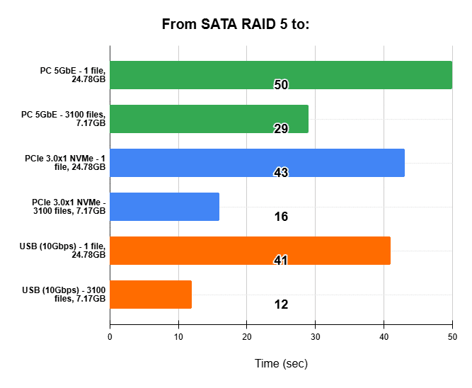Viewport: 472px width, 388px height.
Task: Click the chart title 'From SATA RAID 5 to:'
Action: click(x=236, y=25)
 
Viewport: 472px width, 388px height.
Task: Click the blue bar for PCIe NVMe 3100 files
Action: click(x=165, y=206)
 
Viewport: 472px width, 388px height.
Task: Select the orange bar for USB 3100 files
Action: click(x=151, y=293)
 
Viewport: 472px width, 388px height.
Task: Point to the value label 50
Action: click(x=281, y=85)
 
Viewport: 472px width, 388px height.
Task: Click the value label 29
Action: click(x=281, y=128)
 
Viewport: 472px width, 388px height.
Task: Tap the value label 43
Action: click(x=281, y=173)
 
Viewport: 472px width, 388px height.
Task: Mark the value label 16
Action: click(x=281, y=217)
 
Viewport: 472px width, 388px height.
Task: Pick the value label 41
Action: click(x=281, y=261)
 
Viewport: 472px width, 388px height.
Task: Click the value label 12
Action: click(x=281, y=304)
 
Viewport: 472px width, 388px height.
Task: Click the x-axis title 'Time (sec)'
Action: click(x=281, y=364)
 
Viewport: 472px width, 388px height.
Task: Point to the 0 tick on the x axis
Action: click(x=110, y=338)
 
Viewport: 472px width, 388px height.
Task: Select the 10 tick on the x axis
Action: click(x=178, y=338)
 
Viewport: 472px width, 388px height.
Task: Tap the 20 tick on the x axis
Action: click(x=247, y=338)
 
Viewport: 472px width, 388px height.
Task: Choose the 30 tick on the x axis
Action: click(x=315, y=338)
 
